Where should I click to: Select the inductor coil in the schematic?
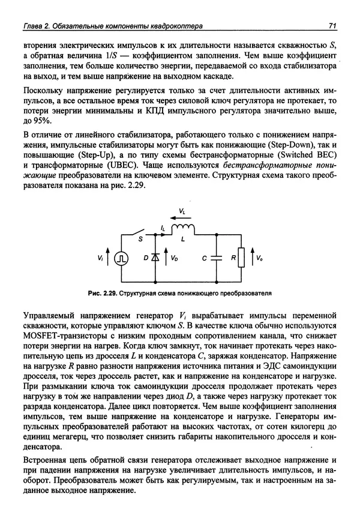(x=182, y=228)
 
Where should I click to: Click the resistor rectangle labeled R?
(x=241, y=258)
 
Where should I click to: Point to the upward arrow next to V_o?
(x=251, y=258)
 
